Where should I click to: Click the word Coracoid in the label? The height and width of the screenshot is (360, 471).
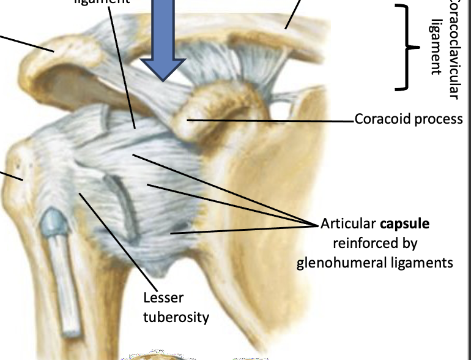pos(382,119)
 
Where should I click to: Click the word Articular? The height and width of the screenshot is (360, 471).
pos(347,224)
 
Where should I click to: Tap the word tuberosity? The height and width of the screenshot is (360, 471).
pos(176,317)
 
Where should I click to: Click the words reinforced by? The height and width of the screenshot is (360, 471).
pos(374,243)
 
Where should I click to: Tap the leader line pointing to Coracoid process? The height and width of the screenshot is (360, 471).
pos(269,120)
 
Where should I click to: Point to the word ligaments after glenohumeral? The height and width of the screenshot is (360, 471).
pos(428,263)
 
